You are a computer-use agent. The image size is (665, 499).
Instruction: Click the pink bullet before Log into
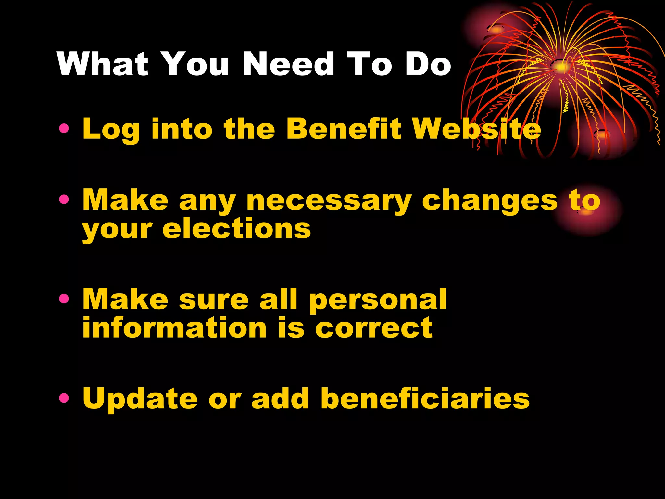[x=64, y=129]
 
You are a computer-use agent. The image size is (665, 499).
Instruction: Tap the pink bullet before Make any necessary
[x=64, y=199]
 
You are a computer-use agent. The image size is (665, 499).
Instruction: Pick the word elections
[x=237, y=228]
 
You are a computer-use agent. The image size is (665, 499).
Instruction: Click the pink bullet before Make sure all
[x=64, y=299]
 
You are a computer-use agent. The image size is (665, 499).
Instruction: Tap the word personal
[x=378, y=300]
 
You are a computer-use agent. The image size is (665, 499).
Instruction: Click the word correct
[x=374, y=328]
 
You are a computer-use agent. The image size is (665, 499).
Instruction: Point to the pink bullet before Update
[x=64, y=398]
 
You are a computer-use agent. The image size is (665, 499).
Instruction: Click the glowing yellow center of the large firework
[x=561, y=67]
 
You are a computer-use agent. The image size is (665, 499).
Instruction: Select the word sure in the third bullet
[x=214, y=300]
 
